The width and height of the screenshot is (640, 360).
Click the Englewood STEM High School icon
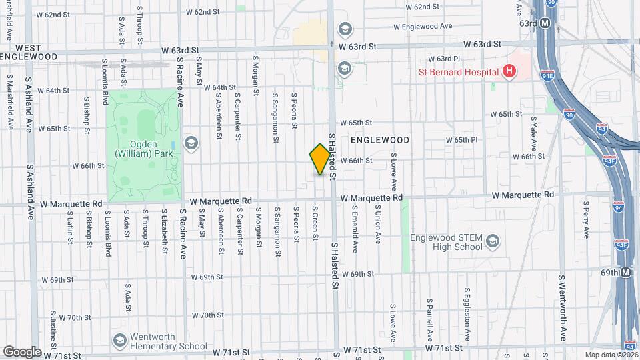coord(493,241)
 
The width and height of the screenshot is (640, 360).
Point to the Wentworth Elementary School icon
coord(120,339)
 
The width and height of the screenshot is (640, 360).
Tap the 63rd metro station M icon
coord(545,23)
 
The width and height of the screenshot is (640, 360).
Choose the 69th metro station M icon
coord(626,273)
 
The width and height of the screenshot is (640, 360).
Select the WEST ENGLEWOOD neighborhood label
coord(28,52)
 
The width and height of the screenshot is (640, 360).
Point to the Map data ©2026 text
coord(611,354)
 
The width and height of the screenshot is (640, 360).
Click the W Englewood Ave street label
coord(423,27)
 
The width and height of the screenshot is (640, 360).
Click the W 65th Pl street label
coord(467,140)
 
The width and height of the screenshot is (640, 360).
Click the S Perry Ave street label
coord(586,220)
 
